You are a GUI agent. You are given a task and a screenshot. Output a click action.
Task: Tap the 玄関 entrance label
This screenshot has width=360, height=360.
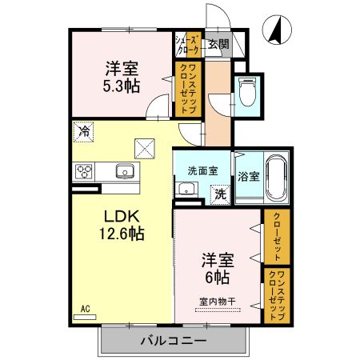(x=218, y=44)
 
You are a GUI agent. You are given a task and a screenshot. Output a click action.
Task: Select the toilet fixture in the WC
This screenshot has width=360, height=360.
(x=248, y=92)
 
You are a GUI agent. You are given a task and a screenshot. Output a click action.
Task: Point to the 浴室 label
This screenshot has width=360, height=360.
(x=247, y=176)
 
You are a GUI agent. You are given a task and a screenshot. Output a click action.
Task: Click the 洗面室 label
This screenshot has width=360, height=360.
(x=203, y=170)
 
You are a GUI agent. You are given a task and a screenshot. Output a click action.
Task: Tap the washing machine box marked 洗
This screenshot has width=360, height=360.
(x=219, y=192)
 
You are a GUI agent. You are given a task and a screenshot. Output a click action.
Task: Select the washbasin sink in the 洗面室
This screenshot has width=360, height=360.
(x=187, y=190)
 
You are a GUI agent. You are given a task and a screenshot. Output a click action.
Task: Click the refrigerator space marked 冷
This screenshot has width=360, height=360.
(x=83, y=129)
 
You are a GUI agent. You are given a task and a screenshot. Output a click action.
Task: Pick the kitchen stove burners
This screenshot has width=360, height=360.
(x=85, y=171)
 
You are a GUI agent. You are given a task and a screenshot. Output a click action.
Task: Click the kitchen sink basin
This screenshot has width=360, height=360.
(x=125, y=170)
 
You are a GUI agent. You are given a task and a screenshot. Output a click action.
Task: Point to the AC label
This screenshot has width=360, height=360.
(x=85, y=306)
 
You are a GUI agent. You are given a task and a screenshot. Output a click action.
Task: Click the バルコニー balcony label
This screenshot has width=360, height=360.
(x=174, y=340)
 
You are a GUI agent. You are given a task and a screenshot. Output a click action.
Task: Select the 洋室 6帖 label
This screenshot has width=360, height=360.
(x=216, y=268)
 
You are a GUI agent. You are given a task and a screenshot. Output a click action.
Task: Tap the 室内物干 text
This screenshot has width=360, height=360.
(x=217, y=302)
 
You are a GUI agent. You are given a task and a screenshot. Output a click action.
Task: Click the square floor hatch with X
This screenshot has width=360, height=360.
(x=145, y=147)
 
